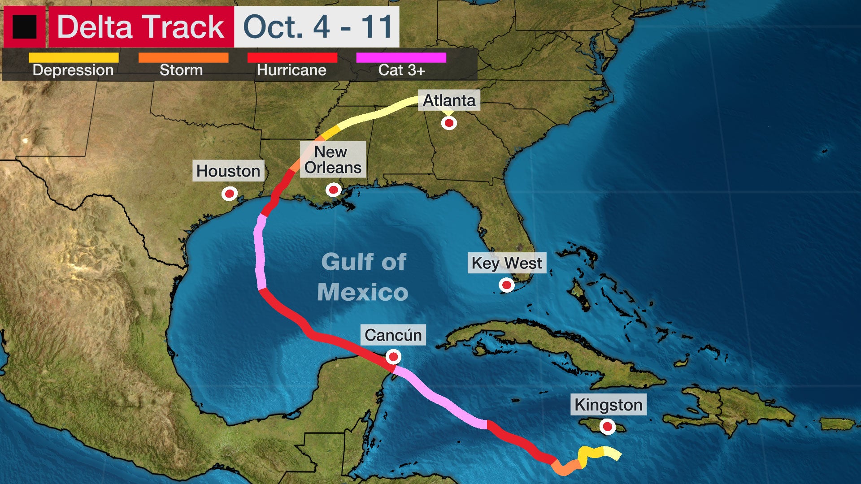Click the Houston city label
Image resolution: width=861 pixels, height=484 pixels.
[x=228, y=171]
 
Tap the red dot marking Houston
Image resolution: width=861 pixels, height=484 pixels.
[x=230, y=194]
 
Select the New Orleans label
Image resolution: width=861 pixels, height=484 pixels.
[x=333, y=160]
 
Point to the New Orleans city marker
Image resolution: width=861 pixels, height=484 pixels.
[x=333, y=190]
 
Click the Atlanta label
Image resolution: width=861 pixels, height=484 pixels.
[x=449, y=100]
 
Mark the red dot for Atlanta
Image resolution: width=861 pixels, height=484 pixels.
[x=449, y=123]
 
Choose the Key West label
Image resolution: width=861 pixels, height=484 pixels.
[x=507, y=263]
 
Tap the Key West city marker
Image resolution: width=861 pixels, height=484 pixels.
[x=507, y=285]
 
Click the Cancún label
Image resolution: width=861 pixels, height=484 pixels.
[x=393, y=335]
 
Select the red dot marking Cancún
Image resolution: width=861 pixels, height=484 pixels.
[x=394, y=357]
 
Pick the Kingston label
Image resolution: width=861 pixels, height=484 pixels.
[x=608, y=405]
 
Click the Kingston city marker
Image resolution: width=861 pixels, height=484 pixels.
[x=608, y=426]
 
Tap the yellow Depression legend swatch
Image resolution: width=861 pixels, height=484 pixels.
[x=74, y=58]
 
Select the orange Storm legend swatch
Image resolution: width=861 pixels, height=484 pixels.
[x=183, y=58]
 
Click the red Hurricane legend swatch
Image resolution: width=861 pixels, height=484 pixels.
[x=292, y=58]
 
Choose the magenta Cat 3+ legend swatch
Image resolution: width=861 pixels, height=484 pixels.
[x=401, y=58]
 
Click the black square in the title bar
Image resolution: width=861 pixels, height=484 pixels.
[x=24, y=27]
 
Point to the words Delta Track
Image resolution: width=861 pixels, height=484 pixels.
[x=141, y=27]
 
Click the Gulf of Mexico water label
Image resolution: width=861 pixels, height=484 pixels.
[x=363, y=277]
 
